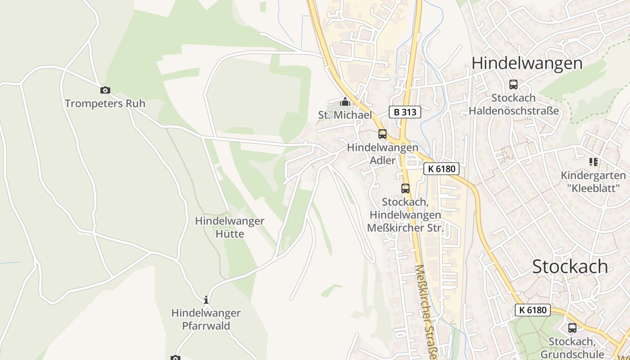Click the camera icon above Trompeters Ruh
(x=105, y=90)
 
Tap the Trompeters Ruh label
(x=105, y=103)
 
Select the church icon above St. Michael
(x=345, y=102)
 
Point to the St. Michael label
(x=345, y=115)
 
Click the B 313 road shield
(x=405, y=112)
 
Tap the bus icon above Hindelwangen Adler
(x=382, y=134)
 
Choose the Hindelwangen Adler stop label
(x=382, y=153)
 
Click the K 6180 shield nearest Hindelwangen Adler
(x=441, y=169)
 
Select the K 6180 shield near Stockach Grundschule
(x=532, y=310)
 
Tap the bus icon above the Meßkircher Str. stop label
(x=405, y=189)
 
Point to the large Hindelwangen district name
(x=527, y=63)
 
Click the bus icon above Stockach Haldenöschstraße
(x=513, y=84)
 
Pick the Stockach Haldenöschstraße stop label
(x=513, y=104)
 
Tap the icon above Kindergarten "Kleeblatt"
(x=593, y=162)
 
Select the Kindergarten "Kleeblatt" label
(x=593, y=181)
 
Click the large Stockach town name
(x=570, y=266)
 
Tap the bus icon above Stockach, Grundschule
(x=572, y=328)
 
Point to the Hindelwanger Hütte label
(x=229, y=227)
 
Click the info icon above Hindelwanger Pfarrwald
(x=206, y=300)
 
